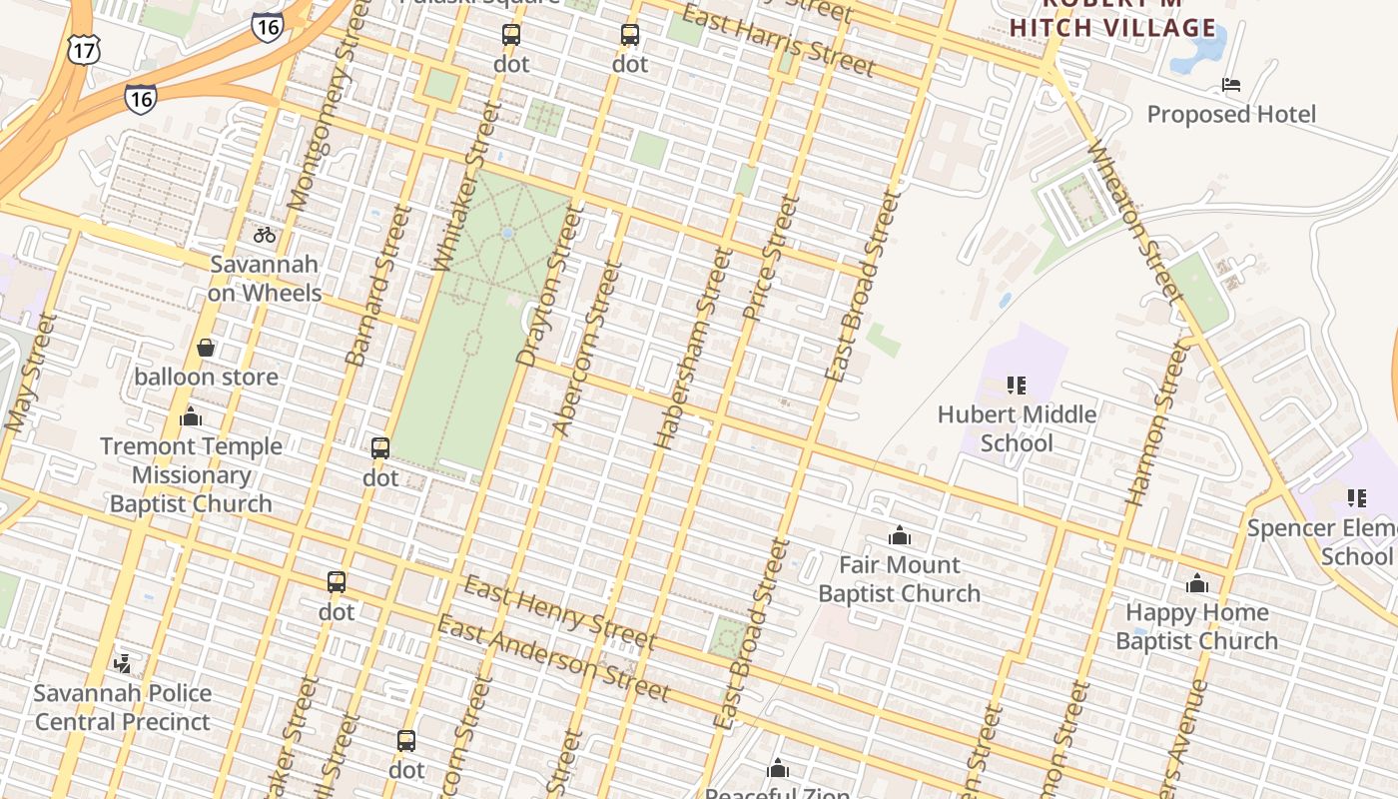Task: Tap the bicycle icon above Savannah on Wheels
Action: tap(265, 235)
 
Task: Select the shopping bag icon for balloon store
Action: tap(206, 348)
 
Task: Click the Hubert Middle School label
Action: tap(1017, 428)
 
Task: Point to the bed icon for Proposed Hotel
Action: tap(1231, 85)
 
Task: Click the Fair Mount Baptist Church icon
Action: tap(900, 535)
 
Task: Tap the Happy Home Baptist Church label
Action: tap(1196, 626)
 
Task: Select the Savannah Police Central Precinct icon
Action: tap(123, 663)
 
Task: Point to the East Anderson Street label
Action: tap(553, 658)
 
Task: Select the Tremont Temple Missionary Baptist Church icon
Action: tap(191, 416)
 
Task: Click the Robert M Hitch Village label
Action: tap(1112, 18)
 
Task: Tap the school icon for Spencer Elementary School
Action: tap(1356, 497)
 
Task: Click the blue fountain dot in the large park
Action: tap(507, 233)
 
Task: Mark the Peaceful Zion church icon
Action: tap(778, 768)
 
